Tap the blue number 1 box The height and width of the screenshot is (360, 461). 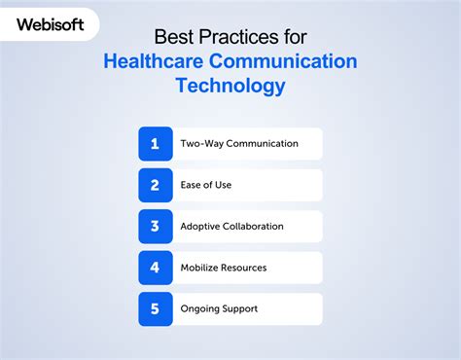tap(155, 144)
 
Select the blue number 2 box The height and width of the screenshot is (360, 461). tap(155, 185)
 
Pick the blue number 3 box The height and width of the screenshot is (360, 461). tap(155, 227)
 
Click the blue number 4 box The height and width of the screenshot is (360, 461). tap(155, 268)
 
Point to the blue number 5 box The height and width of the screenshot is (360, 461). tap(155, 308)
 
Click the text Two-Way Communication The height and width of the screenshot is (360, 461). tap(239, 144)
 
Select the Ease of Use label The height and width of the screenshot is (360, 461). tap(206, 185)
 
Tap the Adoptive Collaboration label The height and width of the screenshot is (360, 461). tap(232, 227)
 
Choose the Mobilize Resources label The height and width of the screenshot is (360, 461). tap(224, 268)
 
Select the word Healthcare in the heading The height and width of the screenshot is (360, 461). tap(157, 62)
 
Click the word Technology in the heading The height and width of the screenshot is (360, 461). tap(230, 87)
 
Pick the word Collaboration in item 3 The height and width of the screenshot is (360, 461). tap(253, 227)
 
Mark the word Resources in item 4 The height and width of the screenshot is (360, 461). tap(243, 268)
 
